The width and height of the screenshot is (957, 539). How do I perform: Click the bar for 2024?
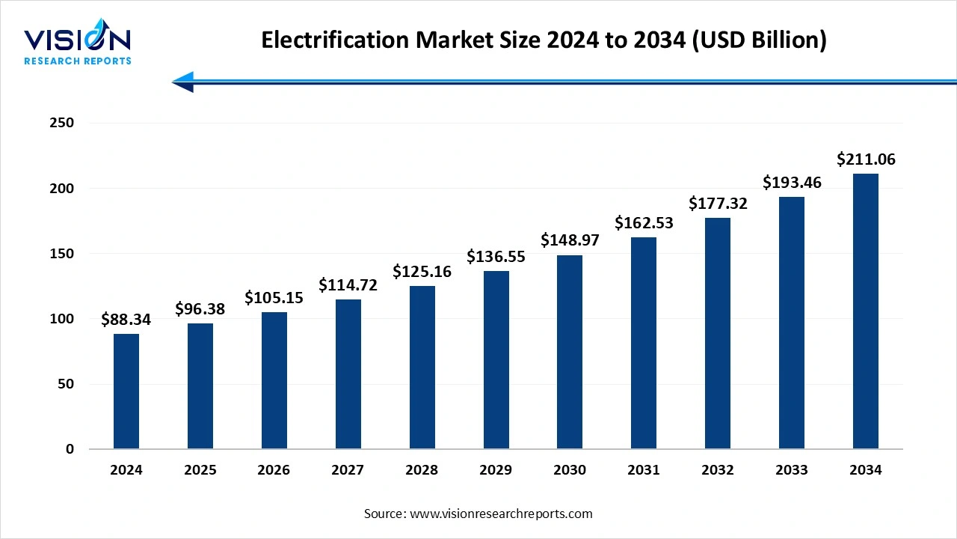(x=126, y=392)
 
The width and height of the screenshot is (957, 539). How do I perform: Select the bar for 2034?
(x=866, y=311)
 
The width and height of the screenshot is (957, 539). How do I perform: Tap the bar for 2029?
(x=496, y=360)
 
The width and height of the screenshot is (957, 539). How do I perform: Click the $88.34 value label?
(x=126, y=320)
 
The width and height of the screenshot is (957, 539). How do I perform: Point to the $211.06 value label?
(x=866, y=159)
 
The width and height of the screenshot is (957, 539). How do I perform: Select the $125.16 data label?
(x=422, y=272)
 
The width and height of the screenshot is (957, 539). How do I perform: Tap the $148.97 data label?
(x=570, y=240)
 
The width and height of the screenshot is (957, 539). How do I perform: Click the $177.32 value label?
(x=718, y=204)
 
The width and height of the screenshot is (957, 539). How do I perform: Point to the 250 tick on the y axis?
(x=61, y=123)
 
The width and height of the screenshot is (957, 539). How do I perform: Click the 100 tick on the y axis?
(x=61, y=319)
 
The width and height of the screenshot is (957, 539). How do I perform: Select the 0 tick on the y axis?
(x=70, y=449)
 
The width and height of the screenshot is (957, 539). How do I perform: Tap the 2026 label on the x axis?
(x=274, y=470)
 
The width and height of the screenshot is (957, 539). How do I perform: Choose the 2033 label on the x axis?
(x=792, y=470)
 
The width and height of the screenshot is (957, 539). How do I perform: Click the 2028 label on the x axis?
(x=422, y=470)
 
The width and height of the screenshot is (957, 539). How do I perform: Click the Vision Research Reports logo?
(x=78, y=45)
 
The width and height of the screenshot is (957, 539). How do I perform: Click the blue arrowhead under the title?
(x=183, y=82)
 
